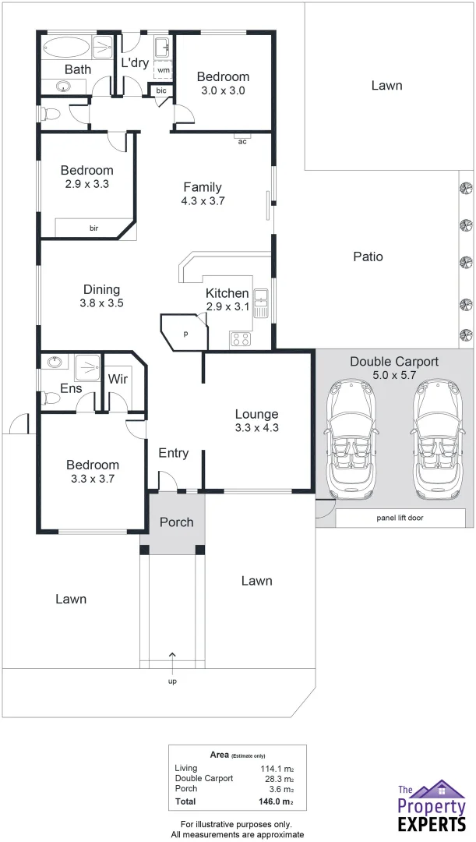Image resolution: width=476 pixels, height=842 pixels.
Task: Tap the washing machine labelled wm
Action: pyautogui.click(x=163, y=70)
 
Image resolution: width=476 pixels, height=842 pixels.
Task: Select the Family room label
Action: pyautogui.click(x=203, y=187)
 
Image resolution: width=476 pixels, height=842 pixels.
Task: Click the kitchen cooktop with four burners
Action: pyautogui.click(x=240, y=339)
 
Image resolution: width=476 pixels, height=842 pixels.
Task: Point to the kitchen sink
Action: pyautogui.click(x=263, y=303)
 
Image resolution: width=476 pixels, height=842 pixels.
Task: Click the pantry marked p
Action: pyautogui.click(x=185, y=333)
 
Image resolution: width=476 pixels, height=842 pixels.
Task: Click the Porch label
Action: pyautogui.click(x=177, y=522)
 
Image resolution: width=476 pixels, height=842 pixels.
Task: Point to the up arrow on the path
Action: pyautogui.click(x=172, y=656)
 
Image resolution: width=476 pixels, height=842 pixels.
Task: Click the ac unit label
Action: pyautogui.click(x=242, y=142)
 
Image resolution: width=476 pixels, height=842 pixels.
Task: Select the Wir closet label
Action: pyautogui.click(x=118, y=379)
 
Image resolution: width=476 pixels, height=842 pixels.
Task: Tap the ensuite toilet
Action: pyautogui.click(x=51, y=398)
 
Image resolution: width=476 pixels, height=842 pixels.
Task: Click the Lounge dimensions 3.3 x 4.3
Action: pyautogui.click(x=256, y=427)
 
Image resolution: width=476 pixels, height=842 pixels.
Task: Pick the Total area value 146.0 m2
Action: pyautogui.click(x=277, y=801)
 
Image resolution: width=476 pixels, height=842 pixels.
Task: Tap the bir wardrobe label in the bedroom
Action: pyautogui.click(x=93, y=228)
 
